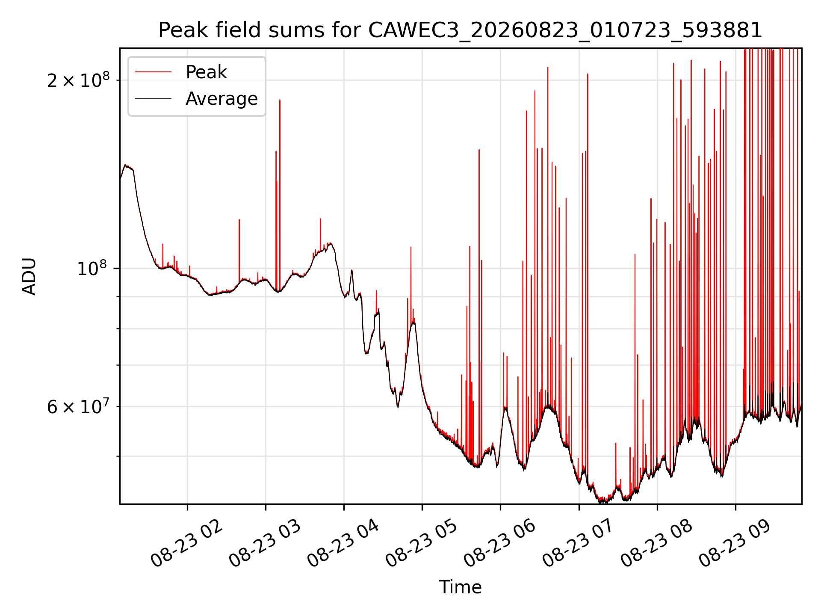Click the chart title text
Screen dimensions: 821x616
click(x=460, y=30)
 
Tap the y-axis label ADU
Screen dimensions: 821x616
click(x=29, y=276)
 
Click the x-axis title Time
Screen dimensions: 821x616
click(x=460, y=587)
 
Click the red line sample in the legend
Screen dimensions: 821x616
click(x=153, y=72)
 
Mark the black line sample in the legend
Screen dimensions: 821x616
click(x=153, y=99)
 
